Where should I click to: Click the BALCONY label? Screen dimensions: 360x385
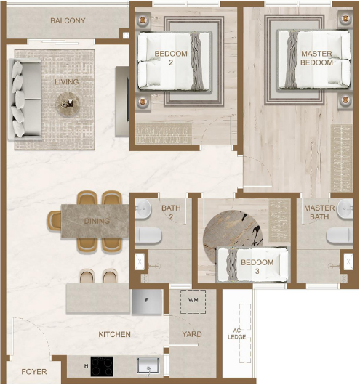coord(68,20)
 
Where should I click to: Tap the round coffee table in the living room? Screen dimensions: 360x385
coord(68,104)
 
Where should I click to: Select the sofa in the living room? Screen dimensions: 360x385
coord(25,100)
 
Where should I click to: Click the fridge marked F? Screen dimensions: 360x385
coord(147,301)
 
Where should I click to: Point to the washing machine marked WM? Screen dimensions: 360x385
coord(193,301)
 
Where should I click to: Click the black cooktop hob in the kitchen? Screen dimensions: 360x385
coord(102,366)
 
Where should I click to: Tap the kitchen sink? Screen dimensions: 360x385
coord(148,366)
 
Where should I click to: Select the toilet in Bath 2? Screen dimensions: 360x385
coord(148,235)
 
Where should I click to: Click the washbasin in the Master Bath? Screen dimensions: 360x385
coord(345,209)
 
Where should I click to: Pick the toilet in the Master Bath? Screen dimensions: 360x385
coord(340,235)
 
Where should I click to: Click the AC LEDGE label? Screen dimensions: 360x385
coord(237,333)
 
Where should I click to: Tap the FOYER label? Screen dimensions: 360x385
coord(34,372)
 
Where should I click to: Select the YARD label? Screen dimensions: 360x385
coord(192,334)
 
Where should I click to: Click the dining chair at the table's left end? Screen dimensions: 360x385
coord(55,221)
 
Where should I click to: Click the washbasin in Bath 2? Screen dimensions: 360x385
coord(143,209)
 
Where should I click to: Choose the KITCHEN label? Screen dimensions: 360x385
coord(114,334)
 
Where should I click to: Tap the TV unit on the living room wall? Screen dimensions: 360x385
coord(122,102)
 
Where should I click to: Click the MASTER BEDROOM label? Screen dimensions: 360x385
coord(316,58)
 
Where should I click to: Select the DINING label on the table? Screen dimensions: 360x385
coord(97,222)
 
